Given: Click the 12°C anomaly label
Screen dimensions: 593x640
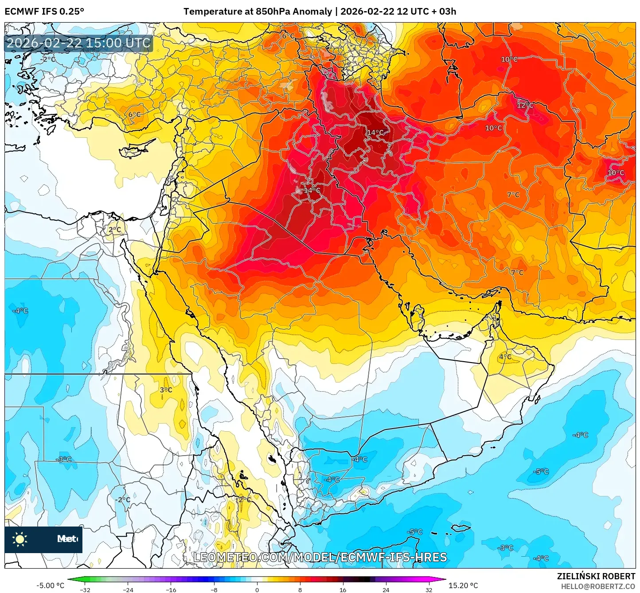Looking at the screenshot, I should coord(525,105).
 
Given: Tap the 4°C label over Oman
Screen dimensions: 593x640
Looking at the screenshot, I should coord(505,357).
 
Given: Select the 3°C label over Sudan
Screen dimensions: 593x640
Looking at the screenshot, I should coord(166,390).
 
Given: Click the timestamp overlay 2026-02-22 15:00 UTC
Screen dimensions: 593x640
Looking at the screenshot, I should coord(78,43).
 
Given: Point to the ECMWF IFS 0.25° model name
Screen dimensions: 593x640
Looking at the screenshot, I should coord(44,12).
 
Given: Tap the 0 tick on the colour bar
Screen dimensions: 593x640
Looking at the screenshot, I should coord(257,589).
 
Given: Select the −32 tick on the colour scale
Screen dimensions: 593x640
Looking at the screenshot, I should coord(85,589).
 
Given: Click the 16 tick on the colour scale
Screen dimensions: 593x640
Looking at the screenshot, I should coord(343,589).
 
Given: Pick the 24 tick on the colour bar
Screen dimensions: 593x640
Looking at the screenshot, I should coord(386,589).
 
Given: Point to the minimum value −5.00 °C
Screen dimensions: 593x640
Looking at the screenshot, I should coord(50,585).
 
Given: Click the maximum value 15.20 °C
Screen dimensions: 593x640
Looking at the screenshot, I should coord(463,585).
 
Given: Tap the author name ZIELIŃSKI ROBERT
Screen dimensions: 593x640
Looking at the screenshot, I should coord(596,576).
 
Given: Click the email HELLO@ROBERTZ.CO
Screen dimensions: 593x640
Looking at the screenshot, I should coord(598,586).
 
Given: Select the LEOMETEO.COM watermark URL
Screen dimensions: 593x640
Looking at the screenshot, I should coord(320,557).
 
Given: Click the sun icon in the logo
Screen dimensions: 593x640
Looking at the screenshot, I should coord(20,539).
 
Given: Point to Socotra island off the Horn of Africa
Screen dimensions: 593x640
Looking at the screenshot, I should coord(461,528).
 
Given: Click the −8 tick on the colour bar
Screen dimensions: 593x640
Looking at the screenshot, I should coord(214,589).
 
